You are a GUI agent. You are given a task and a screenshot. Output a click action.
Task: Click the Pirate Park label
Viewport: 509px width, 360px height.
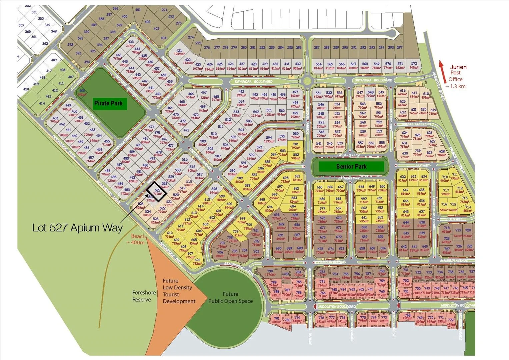108,103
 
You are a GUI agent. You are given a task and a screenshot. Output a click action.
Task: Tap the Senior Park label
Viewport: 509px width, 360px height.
351,166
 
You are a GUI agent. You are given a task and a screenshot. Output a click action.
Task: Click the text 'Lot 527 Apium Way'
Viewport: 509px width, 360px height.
77,228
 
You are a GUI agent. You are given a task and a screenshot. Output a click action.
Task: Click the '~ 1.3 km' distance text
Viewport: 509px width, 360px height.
455,86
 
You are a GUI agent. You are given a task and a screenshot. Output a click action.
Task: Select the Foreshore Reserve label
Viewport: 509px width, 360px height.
144,296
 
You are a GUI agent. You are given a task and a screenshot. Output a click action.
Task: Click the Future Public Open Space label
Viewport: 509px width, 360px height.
230,298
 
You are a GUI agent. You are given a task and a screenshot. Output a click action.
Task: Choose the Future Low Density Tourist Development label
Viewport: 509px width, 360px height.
179,291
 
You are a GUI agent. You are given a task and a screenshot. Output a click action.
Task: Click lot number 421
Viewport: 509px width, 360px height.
179,51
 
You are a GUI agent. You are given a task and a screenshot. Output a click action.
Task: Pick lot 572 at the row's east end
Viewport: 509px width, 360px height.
414,63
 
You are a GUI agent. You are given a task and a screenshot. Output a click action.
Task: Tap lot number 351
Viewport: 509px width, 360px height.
34,12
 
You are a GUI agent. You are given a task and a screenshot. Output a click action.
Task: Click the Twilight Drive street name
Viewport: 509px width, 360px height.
349,155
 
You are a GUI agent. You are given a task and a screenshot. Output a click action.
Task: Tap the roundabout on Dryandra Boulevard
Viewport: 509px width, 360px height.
307,81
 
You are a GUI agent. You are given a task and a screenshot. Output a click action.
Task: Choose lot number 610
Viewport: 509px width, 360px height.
170,233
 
